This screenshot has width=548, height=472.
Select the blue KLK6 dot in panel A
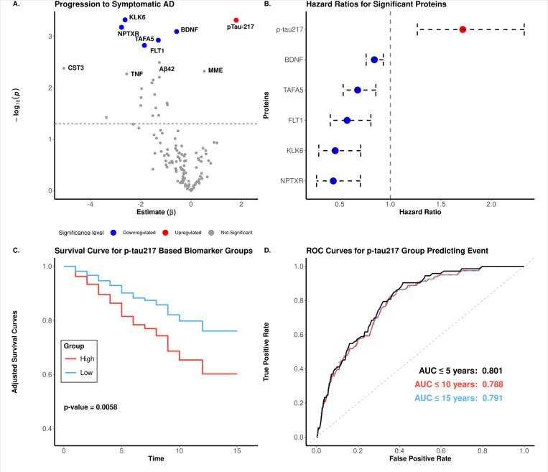click(125, 20)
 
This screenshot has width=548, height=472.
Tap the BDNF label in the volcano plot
click(190, 31)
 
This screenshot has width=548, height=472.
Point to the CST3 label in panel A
click(75, 68)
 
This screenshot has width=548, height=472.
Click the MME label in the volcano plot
click(215, 70)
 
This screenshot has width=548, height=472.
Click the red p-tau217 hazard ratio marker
click(463, 29)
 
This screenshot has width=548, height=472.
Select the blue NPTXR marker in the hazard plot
click(333, 181)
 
